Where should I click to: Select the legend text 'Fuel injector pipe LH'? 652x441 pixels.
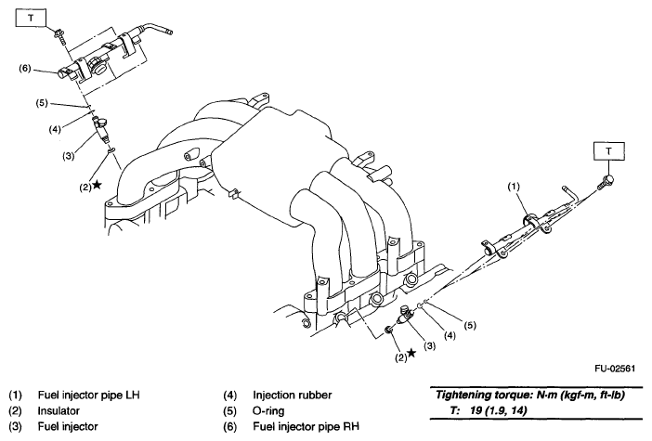click(88, 392)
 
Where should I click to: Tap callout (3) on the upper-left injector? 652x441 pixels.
click(68, 155)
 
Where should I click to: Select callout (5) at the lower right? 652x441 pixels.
click(469, 326)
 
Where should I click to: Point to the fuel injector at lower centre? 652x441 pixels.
click(407, 316)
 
